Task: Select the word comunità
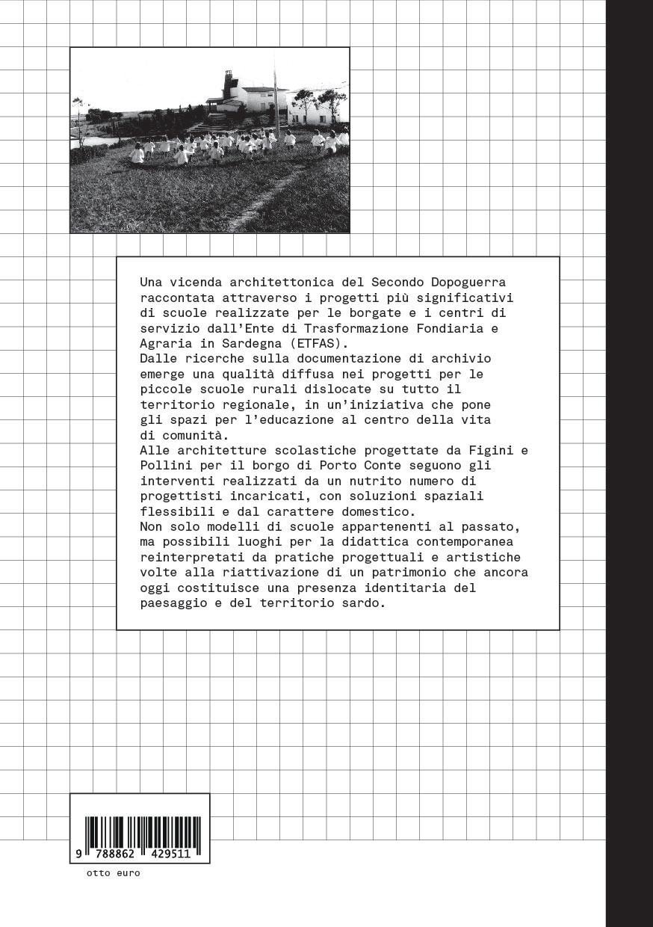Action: (194, 435)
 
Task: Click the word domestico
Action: (383, 511)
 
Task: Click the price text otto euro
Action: (113, 872)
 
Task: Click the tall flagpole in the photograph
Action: (276, 97)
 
